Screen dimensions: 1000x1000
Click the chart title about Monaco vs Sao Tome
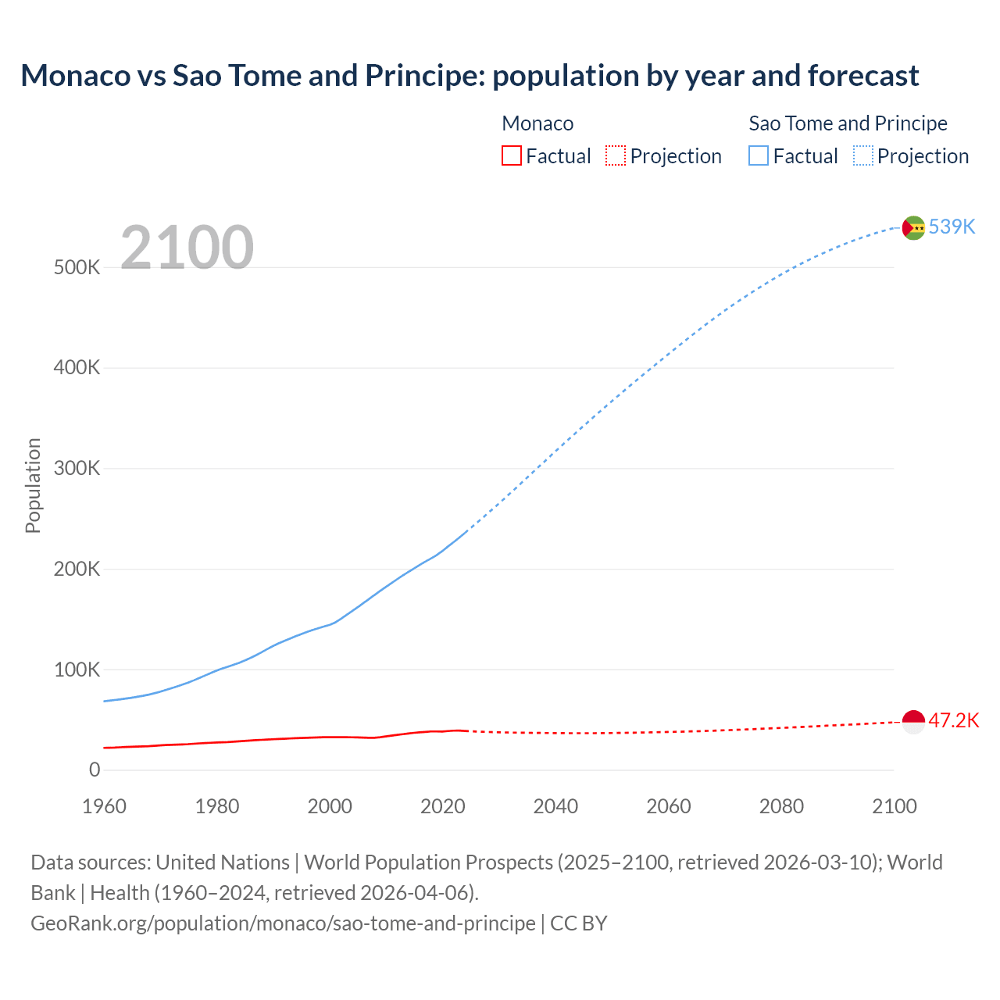click(470, 76)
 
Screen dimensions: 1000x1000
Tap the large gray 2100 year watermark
click(187, 248)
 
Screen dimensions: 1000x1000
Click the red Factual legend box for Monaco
click(511, 156)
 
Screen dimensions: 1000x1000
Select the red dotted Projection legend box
click(616, 156)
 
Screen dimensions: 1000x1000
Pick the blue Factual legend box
click(758, 156)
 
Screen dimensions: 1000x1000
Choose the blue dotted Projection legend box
click(862, 156)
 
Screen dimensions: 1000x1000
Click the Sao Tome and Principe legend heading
click(848, 123)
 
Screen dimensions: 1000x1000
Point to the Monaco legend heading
click(537, 123)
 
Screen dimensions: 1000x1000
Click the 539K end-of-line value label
click(952, 227)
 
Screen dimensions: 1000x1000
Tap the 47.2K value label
click(953, 720)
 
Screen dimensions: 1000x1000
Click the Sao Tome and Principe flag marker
click(913, 227)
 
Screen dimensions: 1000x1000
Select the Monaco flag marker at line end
click(913, 721)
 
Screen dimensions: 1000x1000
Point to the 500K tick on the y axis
click(77, 267)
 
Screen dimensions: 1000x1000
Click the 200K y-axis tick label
click(77, 569)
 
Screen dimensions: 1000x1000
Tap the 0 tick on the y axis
click(95, 770)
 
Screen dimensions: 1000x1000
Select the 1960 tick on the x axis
click(104, 806)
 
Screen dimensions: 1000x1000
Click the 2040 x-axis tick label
click(555, 806)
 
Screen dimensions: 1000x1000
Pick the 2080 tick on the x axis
click(781, 806)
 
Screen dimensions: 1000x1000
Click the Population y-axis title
click(33, 485)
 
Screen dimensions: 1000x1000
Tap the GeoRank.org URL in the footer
click(283, 923)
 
